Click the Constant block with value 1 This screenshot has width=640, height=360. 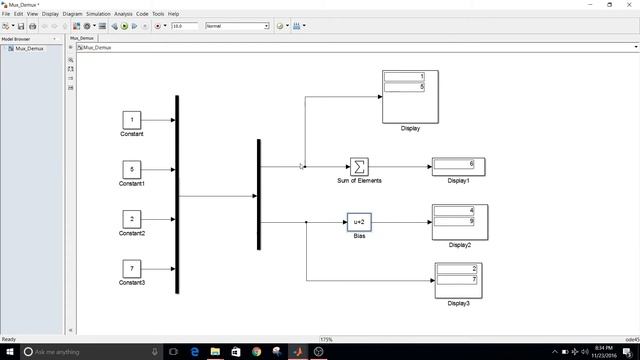point(132,120)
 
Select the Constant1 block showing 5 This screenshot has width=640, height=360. point(132,170)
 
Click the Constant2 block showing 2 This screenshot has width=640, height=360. point(132,219)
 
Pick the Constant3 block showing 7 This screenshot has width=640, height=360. point(132,268)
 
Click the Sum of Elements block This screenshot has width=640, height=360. point(359,166)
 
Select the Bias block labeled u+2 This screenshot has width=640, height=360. point(359,222)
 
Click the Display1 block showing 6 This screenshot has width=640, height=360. point(459,165)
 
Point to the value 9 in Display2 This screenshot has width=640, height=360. point(459,221)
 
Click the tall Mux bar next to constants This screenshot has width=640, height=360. point(177,195)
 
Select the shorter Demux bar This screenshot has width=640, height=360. point(258,195)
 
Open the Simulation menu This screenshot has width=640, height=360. point(99,14)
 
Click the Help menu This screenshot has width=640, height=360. point(174,14)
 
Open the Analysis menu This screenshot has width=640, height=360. point(123,14)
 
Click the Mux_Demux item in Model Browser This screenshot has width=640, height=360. point(26,47)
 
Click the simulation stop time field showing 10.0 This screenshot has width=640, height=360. point(185,26)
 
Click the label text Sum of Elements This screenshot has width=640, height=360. point(359,180)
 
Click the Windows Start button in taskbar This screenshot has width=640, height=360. point(9,352)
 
